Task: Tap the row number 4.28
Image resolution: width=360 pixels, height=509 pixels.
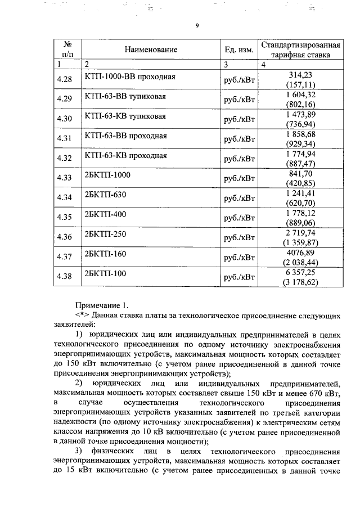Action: [65, 79]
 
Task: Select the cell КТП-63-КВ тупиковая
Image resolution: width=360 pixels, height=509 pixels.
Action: [125, 116]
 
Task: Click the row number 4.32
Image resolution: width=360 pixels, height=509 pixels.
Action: [65, 158]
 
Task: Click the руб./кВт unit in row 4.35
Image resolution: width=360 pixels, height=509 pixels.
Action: [239, 217]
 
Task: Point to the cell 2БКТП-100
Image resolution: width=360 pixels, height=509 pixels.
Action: [105, 273]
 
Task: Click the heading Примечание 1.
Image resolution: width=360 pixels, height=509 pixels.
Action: [102, 306]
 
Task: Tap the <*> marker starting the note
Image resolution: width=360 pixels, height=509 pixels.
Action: [83, 315]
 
